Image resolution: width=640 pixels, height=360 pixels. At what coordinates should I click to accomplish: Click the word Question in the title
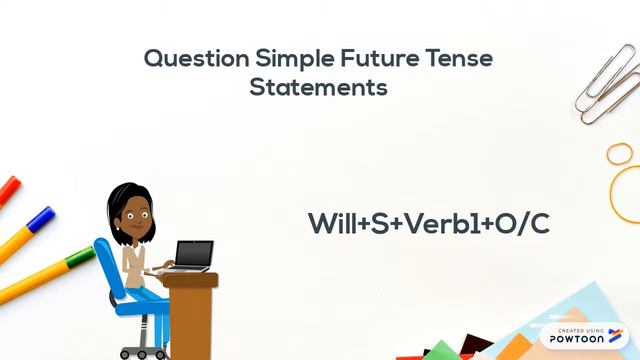196,58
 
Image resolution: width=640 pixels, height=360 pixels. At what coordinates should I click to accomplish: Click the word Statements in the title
318,88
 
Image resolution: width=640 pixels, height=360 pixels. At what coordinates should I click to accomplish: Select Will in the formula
329,224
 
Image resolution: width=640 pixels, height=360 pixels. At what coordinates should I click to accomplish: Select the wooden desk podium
190,315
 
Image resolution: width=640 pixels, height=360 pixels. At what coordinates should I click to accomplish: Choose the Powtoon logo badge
585,335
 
